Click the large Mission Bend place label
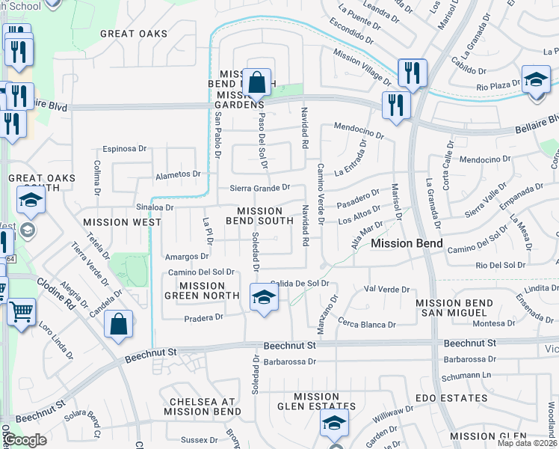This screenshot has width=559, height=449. coord(407,244)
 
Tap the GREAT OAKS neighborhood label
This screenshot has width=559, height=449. coord(129,34)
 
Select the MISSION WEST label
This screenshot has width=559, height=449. coord(123,222)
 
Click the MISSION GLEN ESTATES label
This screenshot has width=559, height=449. coord(317,402)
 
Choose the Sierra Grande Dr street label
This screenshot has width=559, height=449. coord(259,189)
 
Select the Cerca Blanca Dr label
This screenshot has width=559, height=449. coord(366,325)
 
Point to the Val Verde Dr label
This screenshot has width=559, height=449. coord(387,290)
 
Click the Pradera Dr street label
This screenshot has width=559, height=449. coord(205,317)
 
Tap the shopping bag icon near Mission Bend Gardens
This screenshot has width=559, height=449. coord(256,82)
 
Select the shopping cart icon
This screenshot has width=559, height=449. coord(21,310)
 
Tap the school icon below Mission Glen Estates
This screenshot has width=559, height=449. coord(334,424)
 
